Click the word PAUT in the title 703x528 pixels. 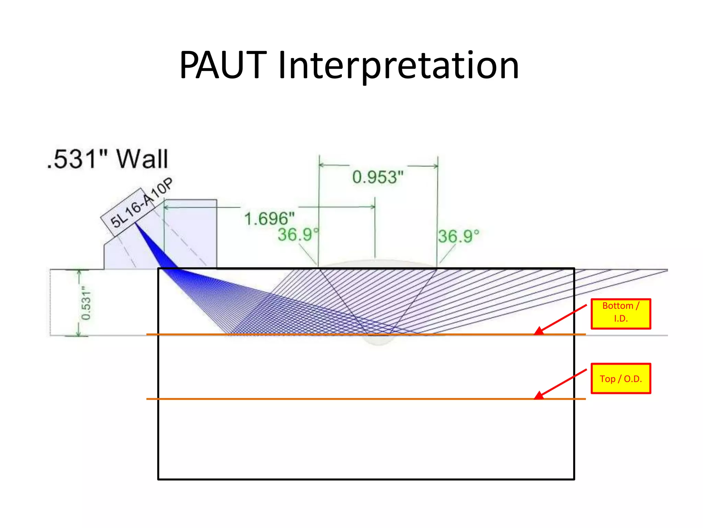[223, 65]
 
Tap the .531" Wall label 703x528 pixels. [107, 159]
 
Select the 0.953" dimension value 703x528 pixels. [378, 177]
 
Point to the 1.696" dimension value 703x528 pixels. [269, 219]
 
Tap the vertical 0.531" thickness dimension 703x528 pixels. [86, 303]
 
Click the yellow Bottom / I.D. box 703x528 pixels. [621, 314]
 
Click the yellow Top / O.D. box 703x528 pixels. [621, 378]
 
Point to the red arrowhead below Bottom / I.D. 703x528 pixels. [539, 331]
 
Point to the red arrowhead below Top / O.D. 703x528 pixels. [539, 396]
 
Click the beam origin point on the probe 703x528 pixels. [135, 223]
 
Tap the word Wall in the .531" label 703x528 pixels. [142, 159]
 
